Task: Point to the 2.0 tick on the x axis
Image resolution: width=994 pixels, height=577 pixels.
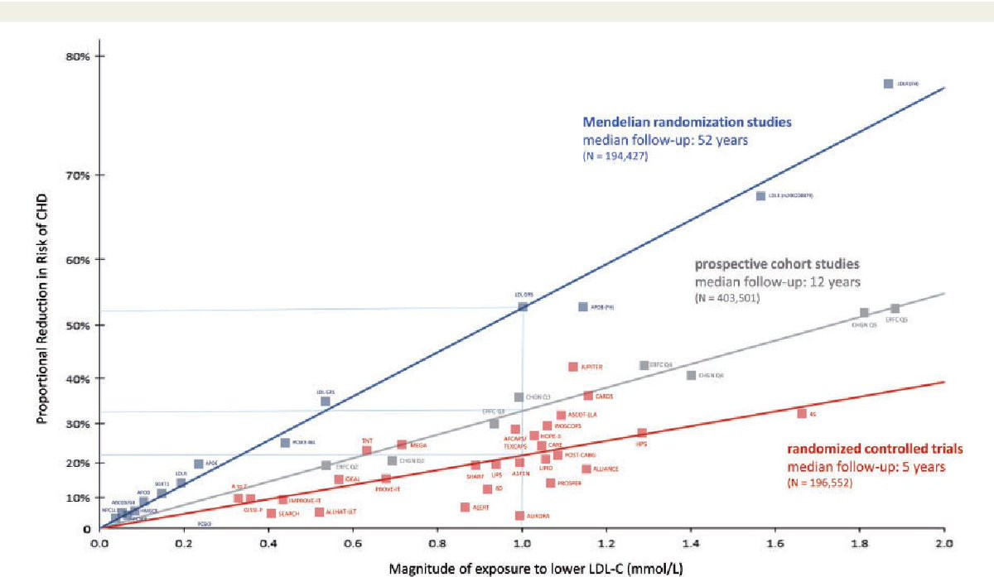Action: point(944,546)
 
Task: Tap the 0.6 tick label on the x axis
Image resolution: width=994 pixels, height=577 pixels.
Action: point(353,546)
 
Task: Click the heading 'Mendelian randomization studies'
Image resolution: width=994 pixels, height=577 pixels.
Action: point(688,122)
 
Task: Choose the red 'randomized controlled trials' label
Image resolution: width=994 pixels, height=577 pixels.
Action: point(875,450)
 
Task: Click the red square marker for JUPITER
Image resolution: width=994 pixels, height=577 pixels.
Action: point(573,367)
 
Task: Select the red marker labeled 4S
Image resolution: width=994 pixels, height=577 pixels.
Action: point(802,413)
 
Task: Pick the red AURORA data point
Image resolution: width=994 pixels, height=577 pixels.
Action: point(519,516)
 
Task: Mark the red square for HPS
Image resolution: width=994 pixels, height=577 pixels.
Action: point(642,433)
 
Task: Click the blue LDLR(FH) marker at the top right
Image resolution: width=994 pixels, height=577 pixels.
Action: point(888,84)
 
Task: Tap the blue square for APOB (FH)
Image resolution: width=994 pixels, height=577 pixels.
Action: point(582,306)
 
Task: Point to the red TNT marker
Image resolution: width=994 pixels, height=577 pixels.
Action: point(367,450)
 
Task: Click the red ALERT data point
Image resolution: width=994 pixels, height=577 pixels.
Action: point(465,507)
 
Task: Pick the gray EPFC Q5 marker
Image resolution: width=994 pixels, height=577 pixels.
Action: point(895,309)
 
